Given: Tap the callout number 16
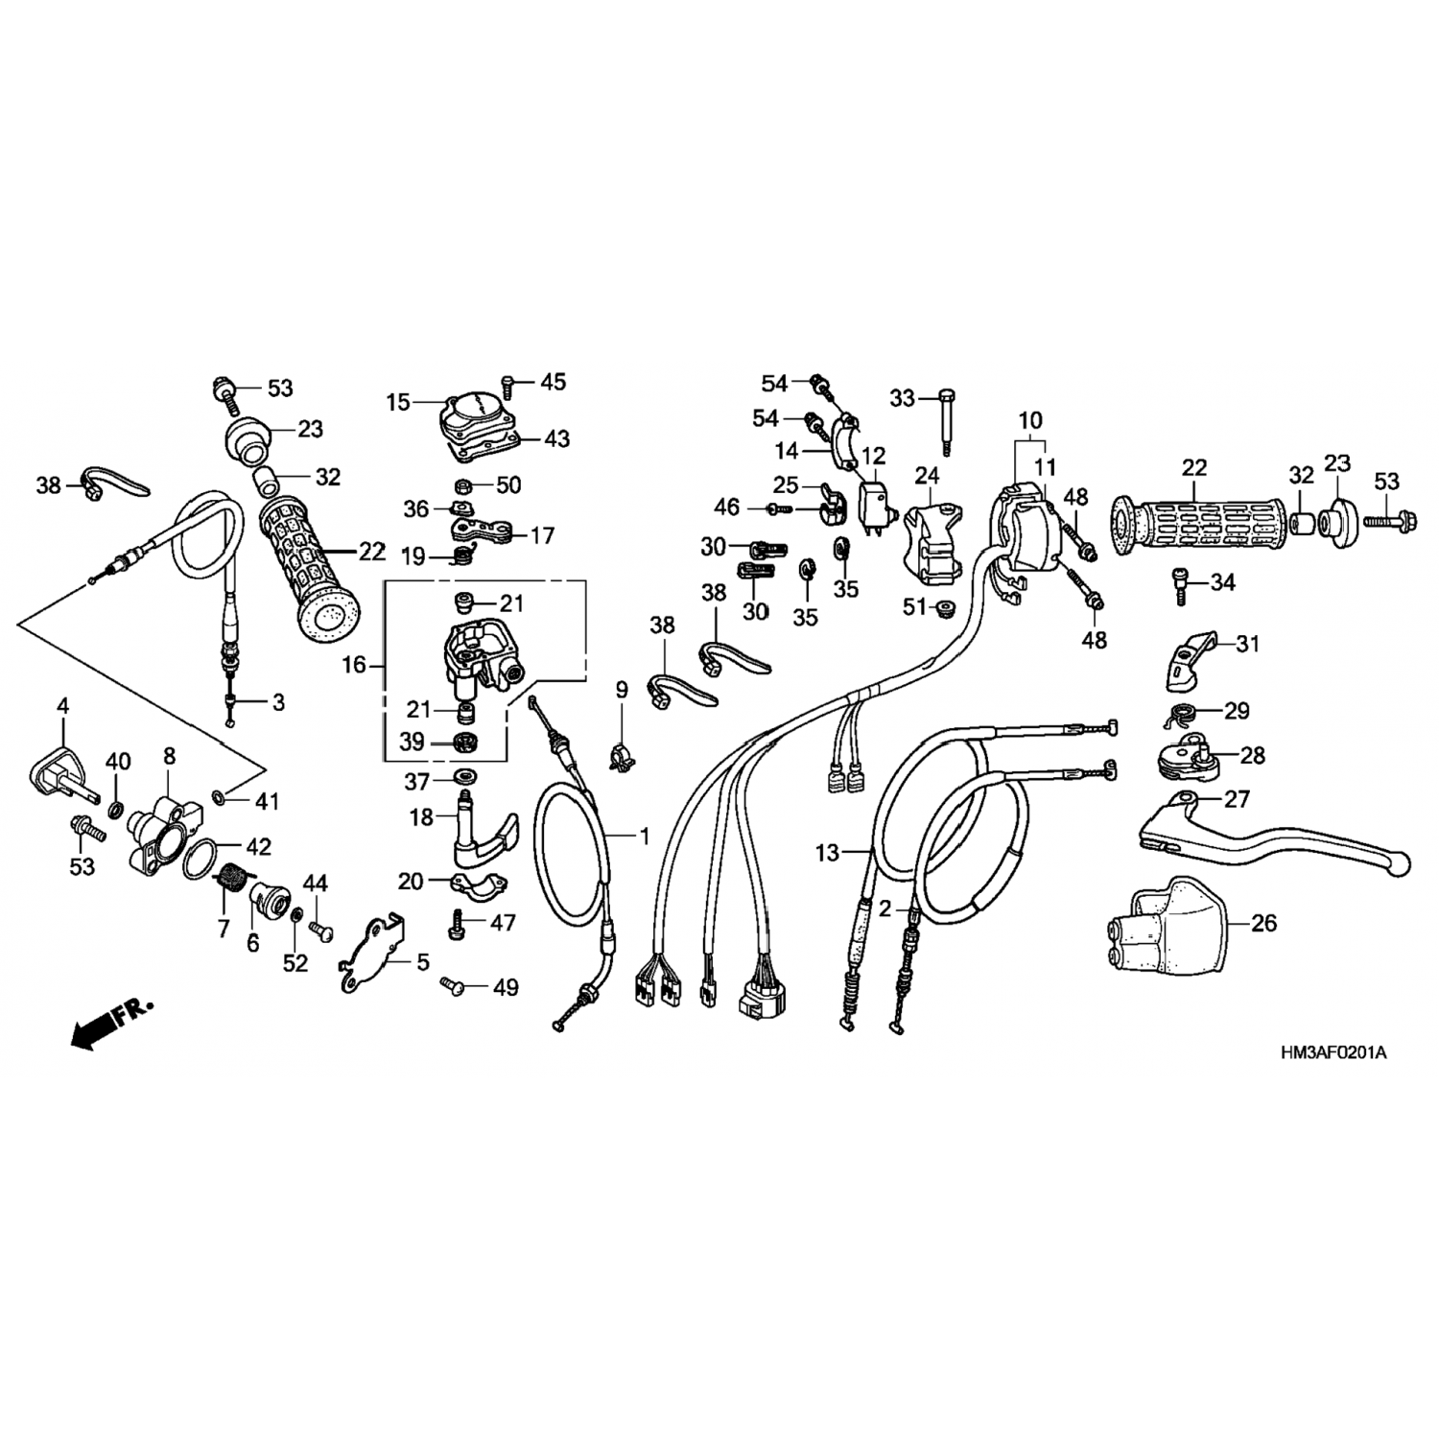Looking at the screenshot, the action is pos(354,664).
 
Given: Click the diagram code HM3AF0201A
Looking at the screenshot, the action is pos(1333,1052).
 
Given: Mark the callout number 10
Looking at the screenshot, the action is pos(1030,420).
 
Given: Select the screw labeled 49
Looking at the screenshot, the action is pos(453,983).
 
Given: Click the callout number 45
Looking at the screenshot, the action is pos(554,382).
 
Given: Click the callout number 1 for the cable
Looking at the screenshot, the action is pos(645,837).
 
